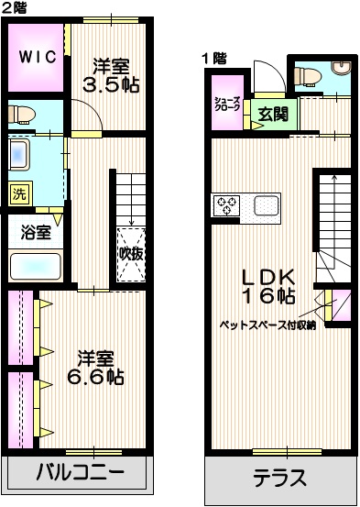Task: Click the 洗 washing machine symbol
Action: pyautogui.click(x=18, y=193)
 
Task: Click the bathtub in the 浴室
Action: pyautogui.click(x=36, y=267)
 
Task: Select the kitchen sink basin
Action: pyautogui.click(x=267, y=205)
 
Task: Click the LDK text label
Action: pyautogui.click(x=267, y=276)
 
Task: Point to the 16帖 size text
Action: pyautogui.click(x=267, y=296)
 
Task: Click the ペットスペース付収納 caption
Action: pyautogui.click(x=267, y=325)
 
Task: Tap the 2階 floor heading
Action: pyautogui.click(x=15, y=7)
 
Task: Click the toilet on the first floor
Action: pyautogui.click(x=343, y=70)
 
